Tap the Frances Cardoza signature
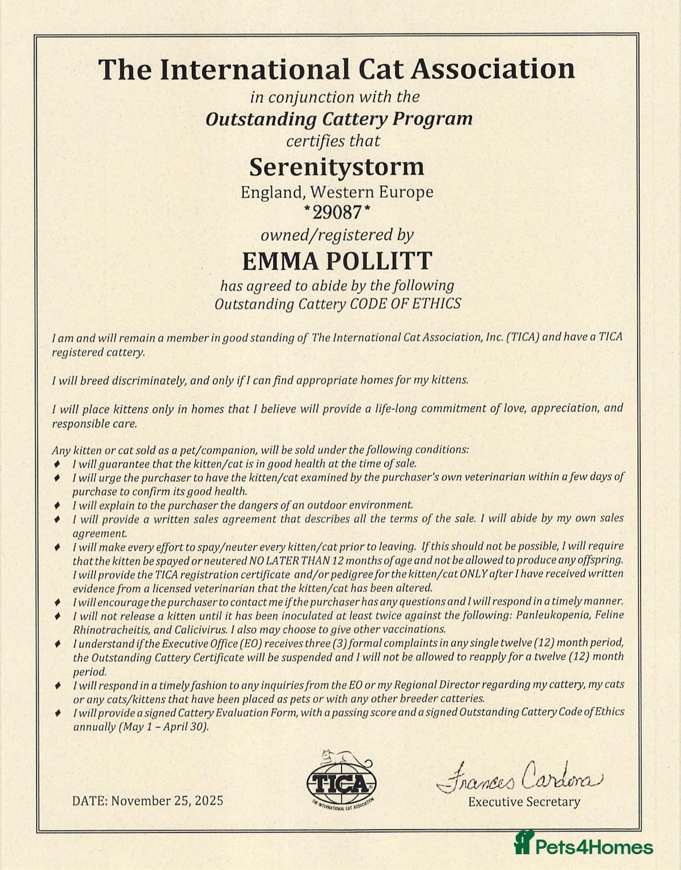520,777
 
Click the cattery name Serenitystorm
337,167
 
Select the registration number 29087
337,212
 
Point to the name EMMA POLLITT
337,261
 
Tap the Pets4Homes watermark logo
584,845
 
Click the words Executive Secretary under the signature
524,802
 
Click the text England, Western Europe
337,192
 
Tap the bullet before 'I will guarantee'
57,464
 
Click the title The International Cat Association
337,69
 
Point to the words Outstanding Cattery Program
339,119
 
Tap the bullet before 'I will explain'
57,505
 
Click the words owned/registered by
337,235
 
